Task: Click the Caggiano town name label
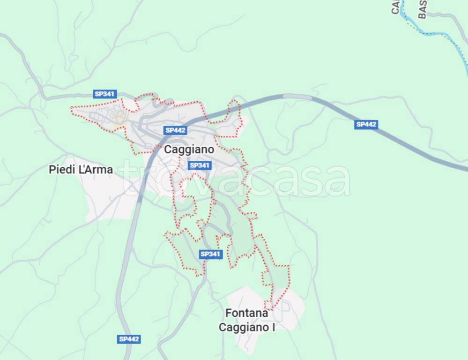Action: (189, 150)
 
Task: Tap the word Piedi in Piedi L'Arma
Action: (61, 170)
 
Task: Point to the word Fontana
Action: (246, 313)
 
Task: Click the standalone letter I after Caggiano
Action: (273, 327)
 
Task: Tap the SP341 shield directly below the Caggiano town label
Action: (200, 165)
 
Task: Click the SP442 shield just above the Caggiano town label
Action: (176, 130)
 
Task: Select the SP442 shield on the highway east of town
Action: (366, 124)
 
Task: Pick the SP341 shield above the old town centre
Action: (105, 94)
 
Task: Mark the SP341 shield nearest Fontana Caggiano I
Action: (210, 254)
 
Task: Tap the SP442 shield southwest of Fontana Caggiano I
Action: (129, 339)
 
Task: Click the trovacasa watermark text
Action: (234, 179)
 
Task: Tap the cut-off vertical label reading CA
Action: (395, 7)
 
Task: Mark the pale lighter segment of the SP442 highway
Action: (297, 97)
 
